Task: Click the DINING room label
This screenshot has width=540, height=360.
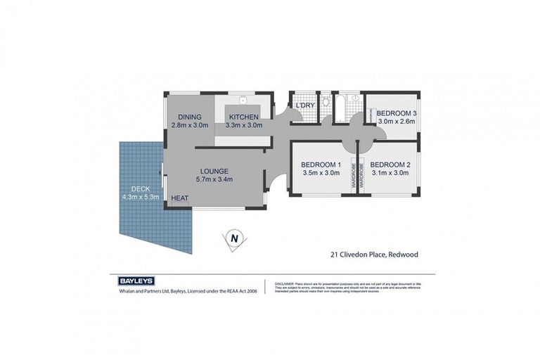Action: (189, 117)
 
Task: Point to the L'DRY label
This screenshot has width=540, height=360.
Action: (304, 105)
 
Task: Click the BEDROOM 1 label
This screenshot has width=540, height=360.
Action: (321, 165)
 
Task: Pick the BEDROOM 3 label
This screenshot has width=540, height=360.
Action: (397, 113)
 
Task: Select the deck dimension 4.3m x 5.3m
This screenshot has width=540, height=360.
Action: (141, 197)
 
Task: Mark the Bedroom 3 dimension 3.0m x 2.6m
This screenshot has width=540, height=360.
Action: (397, 121)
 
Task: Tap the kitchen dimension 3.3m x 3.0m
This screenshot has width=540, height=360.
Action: (243, 125)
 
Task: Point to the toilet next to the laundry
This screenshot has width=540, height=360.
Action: (326, 103)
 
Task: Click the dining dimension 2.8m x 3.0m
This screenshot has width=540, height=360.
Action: (189, 125)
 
